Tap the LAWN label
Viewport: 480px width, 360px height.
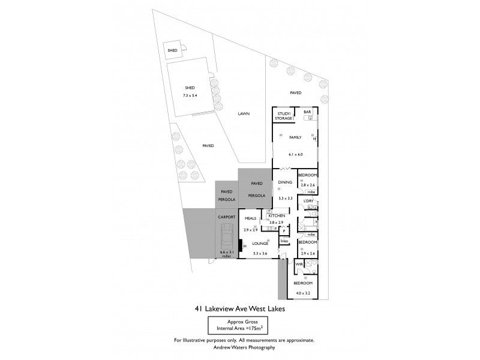point(243,113)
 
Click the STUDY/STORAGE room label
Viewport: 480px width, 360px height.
point(283,116)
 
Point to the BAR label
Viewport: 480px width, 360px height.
point(307,112)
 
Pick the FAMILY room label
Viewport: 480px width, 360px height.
point(295,137)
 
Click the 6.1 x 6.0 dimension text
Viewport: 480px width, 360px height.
point(295,154)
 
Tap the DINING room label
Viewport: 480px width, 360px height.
point(284,182)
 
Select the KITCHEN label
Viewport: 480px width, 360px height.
point(276,215)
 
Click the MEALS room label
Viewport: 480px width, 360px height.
point(250,219)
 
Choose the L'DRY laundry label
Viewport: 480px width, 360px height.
point(308,200)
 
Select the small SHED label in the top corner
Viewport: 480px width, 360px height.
point(172,51)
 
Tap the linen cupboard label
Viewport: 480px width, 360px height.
point(284,241)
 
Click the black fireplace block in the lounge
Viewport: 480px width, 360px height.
point(241,245)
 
